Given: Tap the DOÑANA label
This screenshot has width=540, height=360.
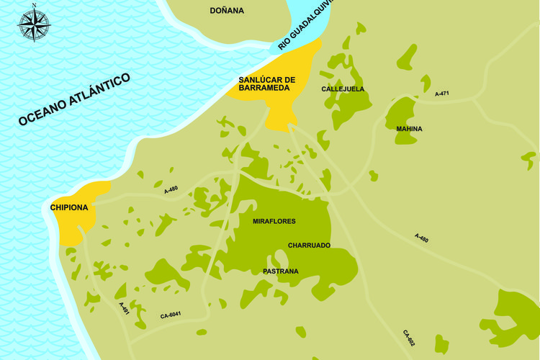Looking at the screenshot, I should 227,11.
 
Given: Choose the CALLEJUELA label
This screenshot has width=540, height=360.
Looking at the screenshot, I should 343,89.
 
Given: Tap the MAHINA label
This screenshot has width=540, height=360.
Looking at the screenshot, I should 409,129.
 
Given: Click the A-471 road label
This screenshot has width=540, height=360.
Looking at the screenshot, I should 442,94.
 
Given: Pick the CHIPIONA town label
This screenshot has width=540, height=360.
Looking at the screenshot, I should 69,208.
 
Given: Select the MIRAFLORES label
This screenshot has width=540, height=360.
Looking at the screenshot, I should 274,221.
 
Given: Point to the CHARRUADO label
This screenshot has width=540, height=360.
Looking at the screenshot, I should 309,246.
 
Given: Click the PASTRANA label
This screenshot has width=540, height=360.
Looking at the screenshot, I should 281,271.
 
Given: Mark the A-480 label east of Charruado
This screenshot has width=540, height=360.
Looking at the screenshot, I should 422,238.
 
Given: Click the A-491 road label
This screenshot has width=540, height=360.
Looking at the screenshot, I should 124,308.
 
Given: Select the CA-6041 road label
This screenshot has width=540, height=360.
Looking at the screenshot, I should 171,315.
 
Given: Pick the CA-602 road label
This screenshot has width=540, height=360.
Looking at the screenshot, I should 408,338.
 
